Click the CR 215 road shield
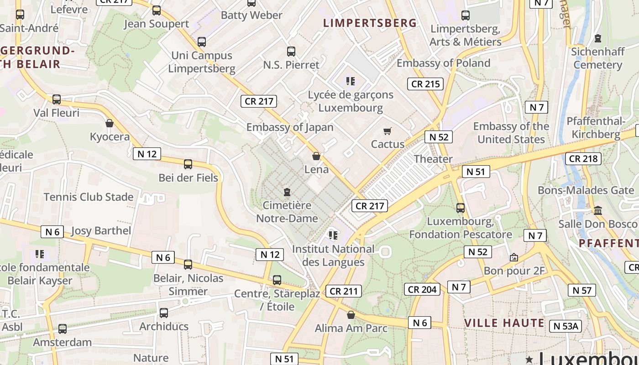(425, 84)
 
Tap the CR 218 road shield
(583, 159)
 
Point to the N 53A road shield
(566, 326)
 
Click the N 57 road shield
(582, 290)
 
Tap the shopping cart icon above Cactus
(388, 131)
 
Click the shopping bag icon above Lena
(316, 156)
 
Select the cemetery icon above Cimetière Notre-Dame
(287, 192)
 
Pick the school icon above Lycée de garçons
(351, 82)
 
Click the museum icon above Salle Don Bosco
(598, 210)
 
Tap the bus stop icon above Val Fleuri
(57, 99)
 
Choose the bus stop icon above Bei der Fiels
(188, 164)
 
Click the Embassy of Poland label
(443, 63)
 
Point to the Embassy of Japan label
(290, 127)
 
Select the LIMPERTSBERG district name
(370, 23)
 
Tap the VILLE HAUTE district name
(504, 323)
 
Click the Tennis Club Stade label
(89, 197)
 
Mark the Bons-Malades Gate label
(586, 190)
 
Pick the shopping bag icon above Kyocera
(110, 123)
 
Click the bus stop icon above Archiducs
(164, 313)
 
